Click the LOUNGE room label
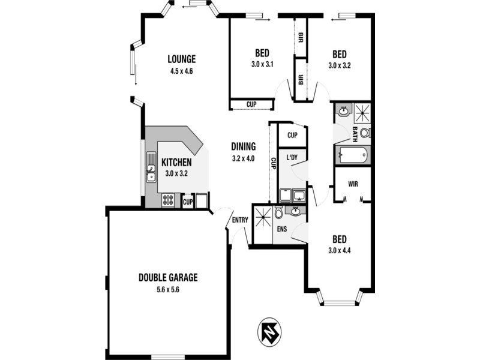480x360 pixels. click(x=182, y=59)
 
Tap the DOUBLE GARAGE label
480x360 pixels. click(x=168, y=278)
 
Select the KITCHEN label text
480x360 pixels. click(x=176, y=163)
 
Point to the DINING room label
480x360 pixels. click(x=244, y=146)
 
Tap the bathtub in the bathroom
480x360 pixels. click(x=352, y=154)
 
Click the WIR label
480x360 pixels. click(x=353, y=184)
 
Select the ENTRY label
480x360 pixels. click(x=240, y=220)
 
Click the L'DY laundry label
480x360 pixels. click(x=293, y=158)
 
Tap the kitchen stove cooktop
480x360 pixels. click(x=168, y=200)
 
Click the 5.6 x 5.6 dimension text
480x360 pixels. click(x=168, y=289)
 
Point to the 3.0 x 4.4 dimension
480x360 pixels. click(x=340, y=251)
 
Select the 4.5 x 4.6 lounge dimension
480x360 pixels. click(x=182, y=71)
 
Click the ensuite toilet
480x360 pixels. click(x=278, y=212)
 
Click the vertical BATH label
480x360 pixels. click(x=355, y=134)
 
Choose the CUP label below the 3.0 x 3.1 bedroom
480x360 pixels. click(x=251, y=104)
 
